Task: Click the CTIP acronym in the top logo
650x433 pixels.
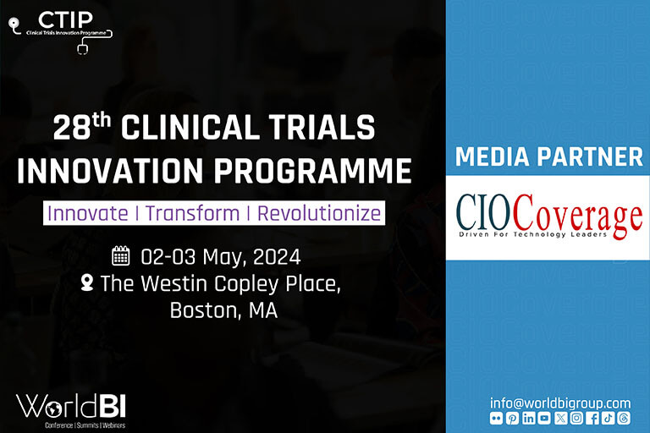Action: pyautogui.click(x=65, y=19)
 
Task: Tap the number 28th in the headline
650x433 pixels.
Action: pyautogui.click(x=81, y=126)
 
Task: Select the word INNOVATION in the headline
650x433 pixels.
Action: pyautogui.click(x=110, y=170)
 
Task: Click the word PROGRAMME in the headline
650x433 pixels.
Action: pyautogui.click(x=313, y=170)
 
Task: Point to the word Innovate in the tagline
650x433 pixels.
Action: pyautogui.click(x=88, y=213)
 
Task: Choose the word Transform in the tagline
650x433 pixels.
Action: pyautogui.click(x=193, y=213)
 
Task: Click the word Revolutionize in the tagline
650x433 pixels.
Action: pyautogui.click(x=319, y=213)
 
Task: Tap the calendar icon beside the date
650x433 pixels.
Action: pyautogui.click(x=121, y=255)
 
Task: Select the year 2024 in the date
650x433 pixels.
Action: pyautogui.click(x=277, y=257)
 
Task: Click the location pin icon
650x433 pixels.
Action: pyautogui.click(x=87, y=282)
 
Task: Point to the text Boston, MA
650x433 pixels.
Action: pyautogui.click(x=223, y=310)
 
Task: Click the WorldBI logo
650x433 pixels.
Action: pyautogui.click(x=71, y=411)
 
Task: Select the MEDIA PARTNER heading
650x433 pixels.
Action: pyautogui.click(x=548, y=156)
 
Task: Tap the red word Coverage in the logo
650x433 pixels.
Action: pyautogui.click(x=578, y=216)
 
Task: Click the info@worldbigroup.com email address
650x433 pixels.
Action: pyautogui.click(x=560, y=403)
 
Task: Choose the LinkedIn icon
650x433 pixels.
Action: pyautogui.click(x=528, y=418)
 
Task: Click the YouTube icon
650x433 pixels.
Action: pyautogui.click(x=544, y=418)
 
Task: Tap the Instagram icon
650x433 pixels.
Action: pyautogui.click(x=576, y=418)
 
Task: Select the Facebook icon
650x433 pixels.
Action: pyautogui.click(x=592, y=418)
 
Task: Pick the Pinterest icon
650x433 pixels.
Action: pyautogui.click(x=512, y=418)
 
